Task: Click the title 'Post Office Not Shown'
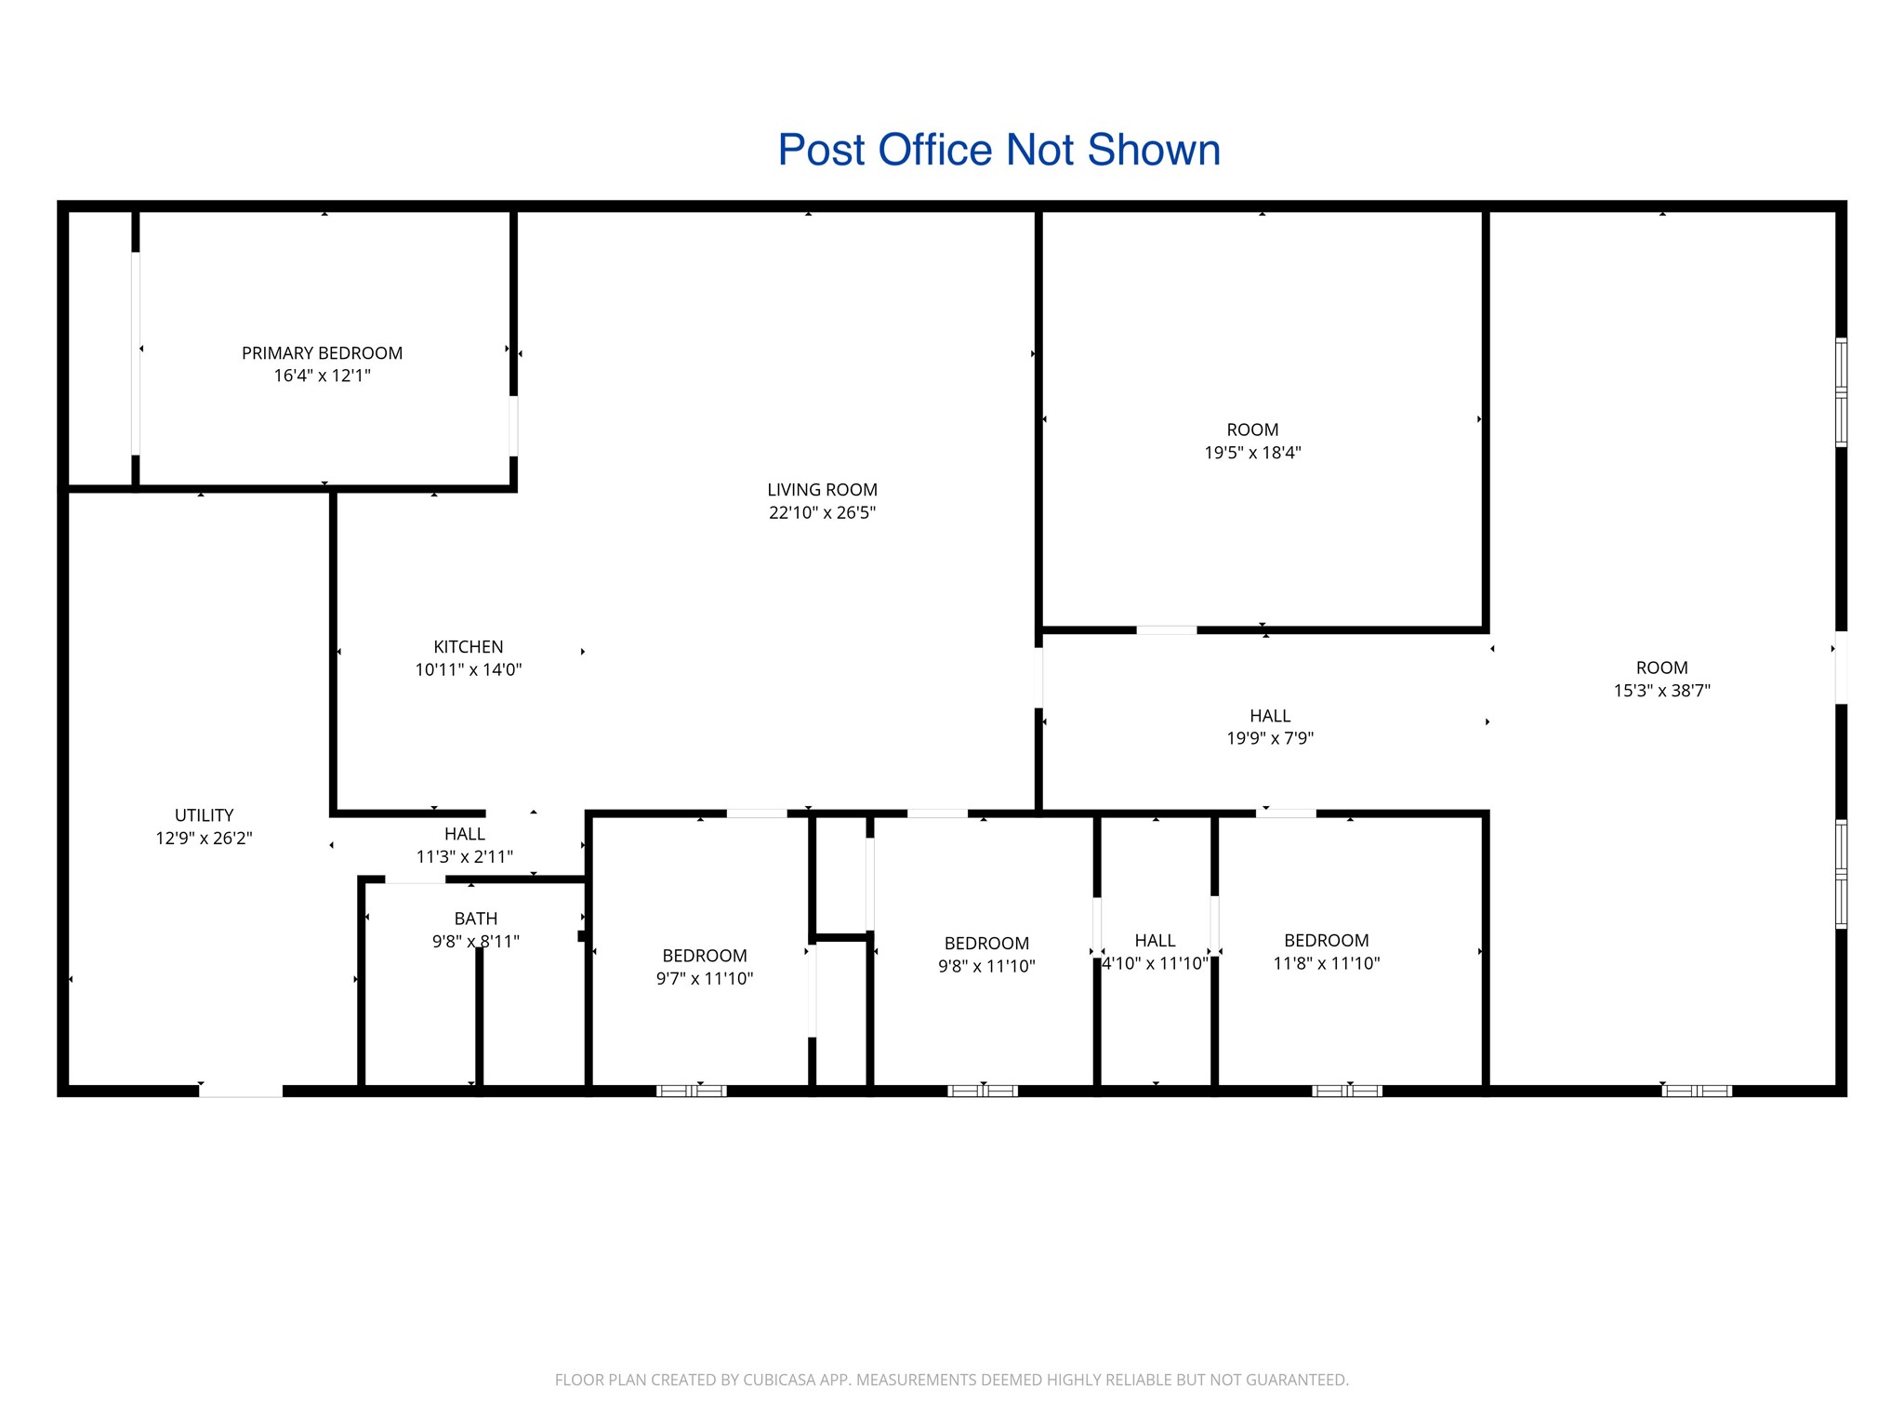pyautogui.click(x=998, y=150)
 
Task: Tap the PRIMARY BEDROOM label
pyautogui.click(x=322, y=353)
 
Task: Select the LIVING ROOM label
pyautogui.click(x=822, y=490)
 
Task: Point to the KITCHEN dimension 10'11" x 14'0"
pyautogui.click(x=469, y=669)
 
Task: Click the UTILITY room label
pyautogui.click(x=204, y=815)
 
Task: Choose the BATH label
pyautogui.click(x=476, y=919)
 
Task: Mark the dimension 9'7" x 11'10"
pyautogui.click(x=705, y=978)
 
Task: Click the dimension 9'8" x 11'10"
pyautogui.click(x=986, y=966)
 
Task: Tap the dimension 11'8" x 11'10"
pyautogui.click(x=1327, y=963)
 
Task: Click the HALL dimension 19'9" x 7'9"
pyautogui.click(x=1270, y=738)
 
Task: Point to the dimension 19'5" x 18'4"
pyautogui.click(x=1252, y=453)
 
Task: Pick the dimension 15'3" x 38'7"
pyautogui.click(x=1662, y=691)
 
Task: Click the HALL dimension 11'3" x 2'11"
pyautogui.click(x=465, y=856)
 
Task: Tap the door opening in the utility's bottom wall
pyautogui.click(x=241, y=1091)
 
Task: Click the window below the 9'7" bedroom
pyautogui.click(x=692, y=1091)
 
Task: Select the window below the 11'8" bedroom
pyautogui.click(x=1347, y=1091)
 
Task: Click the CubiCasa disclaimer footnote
pyautogui.click(x=952, y=1380)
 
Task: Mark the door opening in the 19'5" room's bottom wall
pyautogui.click(x=1167, y=630)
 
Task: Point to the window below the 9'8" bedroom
pyautogui.click(x=983, y=1091)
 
